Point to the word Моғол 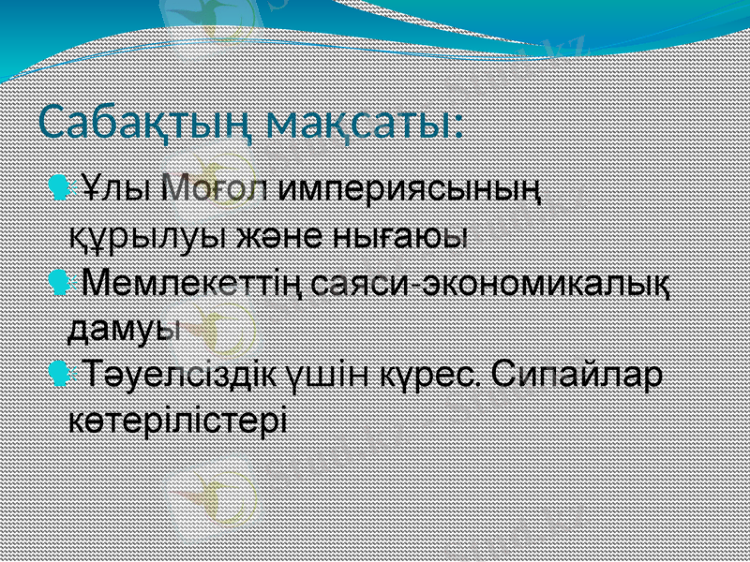214,185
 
